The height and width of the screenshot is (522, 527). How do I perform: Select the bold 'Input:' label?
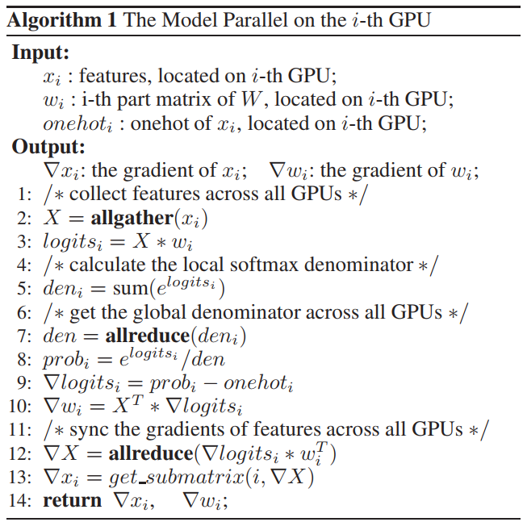click(x=41, y=54)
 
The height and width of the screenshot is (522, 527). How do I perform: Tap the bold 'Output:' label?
click(x=48, y=147)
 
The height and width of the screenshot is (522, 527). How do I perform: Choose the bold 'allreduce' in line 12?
click(x=137, y=453)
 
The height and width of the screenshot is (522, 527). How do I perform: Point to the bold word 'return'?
click(x=72, y=500)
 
